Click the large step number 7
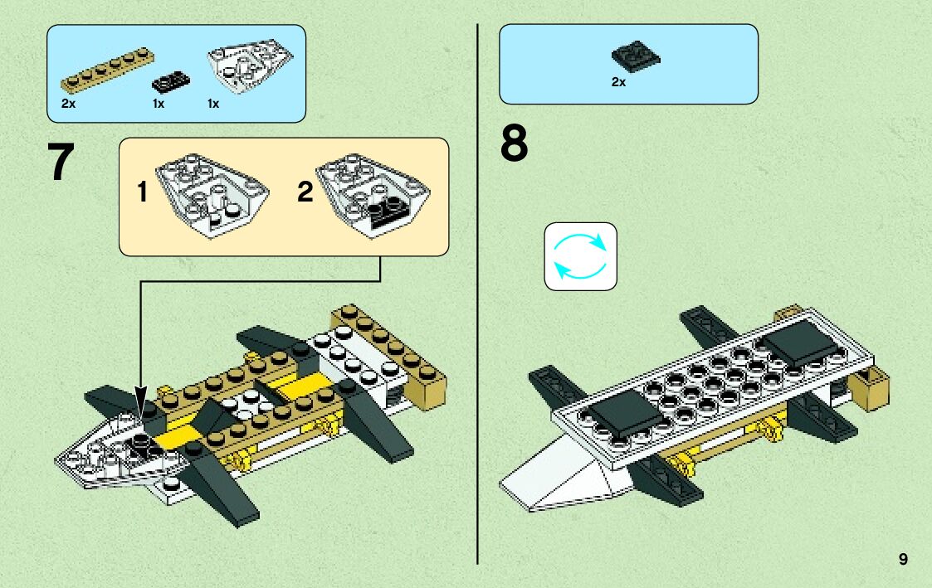[x=61, y=163]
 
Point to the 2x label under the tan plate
[x=68, y=104]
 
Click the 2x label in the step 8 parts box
[x=618, y=82]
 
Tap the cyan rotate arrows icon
[x=580, y=256]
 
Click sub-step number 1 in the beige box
[x=142, y=194]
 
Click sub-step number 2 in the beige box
[x=305, y=194]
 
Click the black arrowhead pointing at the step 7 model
[x=139, y=398]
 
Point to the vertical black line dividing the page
[x=478, y=332]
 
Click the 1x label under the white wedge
[x=213, y=104]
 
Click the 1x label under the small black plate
[x=159, y=104]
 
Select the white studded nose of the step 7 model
[x=108, y=448]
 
